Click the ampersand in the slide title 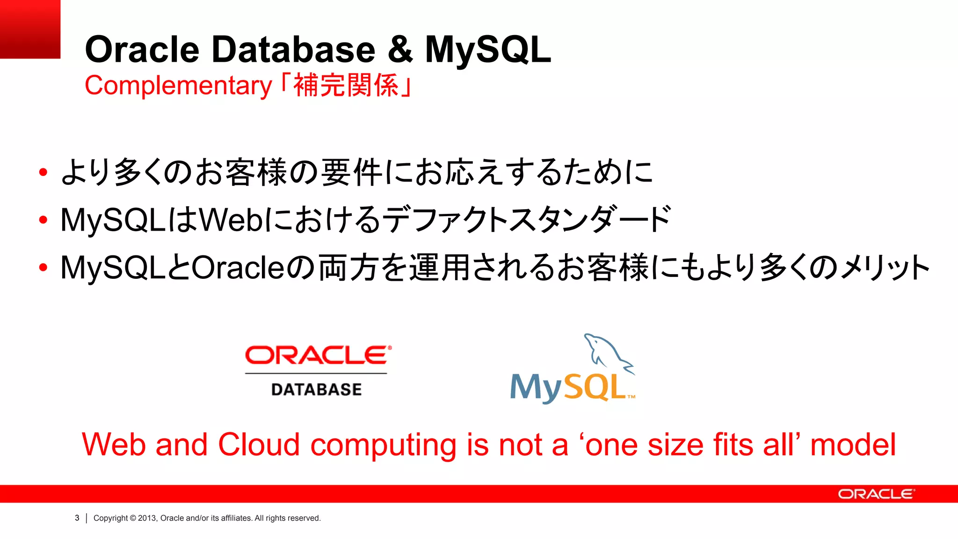[x=400, y=50]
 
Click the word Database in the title [x=293, y=50]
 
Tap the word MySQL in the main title [x=488, y=50]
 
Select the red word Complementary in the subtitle [x=178, y=86]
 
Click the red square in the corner [x=30, y=29]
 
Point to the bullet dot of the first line [x=44, y=172]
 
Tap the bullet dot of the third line [x=44, y=268]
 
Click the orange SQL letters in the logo [x=595, y=387]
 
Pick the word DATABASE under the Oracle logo [x=316, y=390]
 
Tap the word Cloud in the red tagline [x=259, y=444]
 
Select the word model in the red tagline [x=853, y=444]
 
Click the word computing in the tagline [x=383, y=445]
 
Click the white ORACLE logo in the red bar [x=876, y=494]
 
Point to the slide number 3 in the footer [x=77, y=518]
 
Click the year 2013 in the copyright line [x=146, y=518]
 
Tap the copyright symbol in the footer [x=133, y=518]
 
